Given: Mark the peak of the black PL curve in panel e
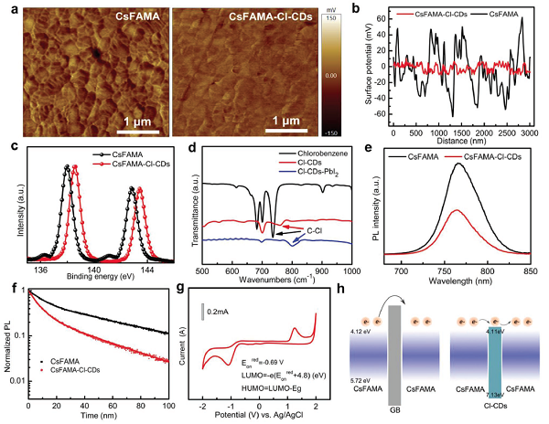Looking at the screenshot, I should click(457, 164).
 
